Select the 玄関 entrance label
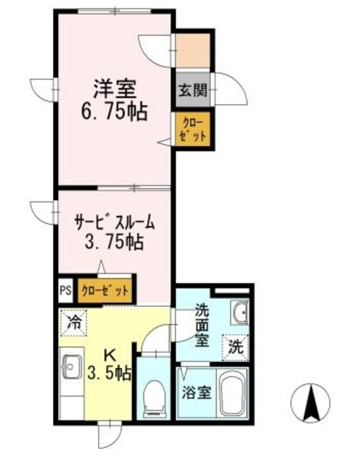(192, 90)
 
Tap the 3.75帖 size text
(115, 242)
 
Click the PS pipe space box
(65, 290)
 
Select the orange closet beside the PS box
(105, 290)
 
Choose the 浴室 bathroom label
(196, 393)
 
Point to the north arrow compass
(312, 404)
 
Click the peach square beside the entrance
(192, 48)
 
